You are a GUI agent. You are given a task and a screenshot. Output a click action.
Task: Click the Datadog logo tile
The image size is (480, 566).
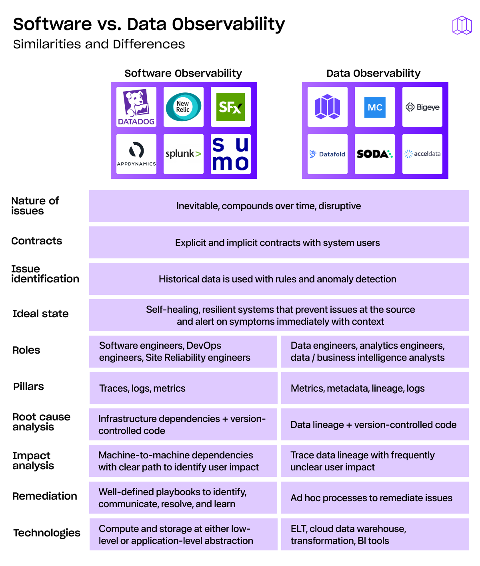click(136, 107)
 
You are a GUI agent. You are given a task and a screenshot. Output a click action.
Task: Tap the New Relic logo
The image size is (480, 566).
click(184, 107)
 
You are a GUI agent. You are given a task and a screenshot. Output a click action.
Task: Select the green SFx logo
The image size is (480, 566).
click(230, 107)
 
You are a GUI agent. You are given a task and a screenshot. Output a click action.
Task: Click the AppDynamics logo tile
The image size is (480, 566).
click(136, 154)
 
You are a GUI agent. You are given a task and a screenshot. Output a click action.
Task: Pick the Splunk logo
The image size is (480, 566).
click(184, 154)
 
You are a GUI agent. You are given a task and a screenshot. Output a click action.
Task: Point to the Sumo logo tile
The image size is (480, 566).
click(230, 154)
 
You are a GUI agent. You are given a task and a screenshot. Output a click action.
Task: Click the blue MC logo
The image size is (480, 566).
click(375, 107)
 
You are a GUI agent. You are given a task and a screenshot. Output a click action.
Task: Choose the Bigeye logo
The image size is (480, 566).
click(422, 107)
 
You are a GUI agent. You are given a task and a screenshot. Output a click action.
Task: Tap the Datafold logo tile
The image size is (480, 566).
click(328, 154)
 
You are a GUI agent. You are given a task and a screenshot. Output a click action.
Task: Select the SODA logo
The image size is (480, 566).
click(375, 154)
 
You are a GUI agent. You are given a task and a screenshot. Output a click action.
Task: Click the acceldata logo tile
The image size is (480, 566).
click(422, 154)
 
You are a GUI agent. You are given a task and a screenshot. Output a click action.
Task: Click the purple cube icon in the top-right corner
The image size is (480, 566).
click(462, 25)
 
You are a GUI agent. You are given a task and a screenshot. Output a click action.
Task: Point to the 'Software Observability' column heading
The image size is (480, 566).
click(183, 73)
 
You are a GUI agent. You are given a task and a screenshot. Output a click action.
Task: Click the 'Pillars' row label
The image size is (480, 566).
click(28, 386)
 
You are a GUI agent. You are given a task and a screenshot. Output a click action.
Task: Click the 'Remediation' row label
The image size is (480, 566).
click(45, 496)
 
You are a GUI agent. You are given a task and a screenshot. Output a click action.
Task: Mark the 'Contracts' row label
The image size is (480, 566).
click(37, 241)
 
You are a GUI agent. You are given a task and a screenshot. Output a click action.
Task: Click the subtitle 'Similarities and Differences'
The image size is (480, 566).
click(99, 44)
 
